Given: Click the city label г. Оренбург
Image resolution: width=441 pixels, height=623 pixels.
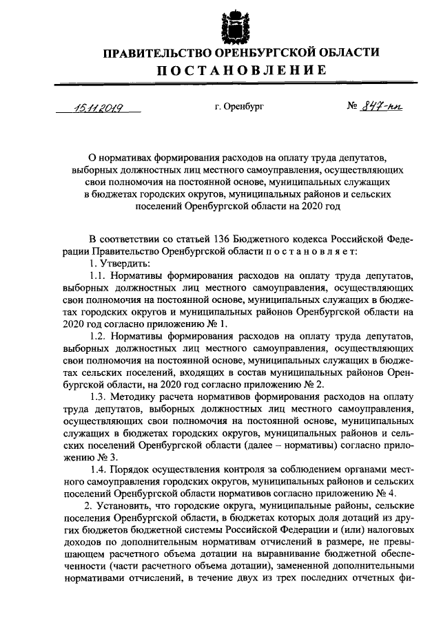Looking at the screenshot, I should pyautogui.click(x=238, y=107).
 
